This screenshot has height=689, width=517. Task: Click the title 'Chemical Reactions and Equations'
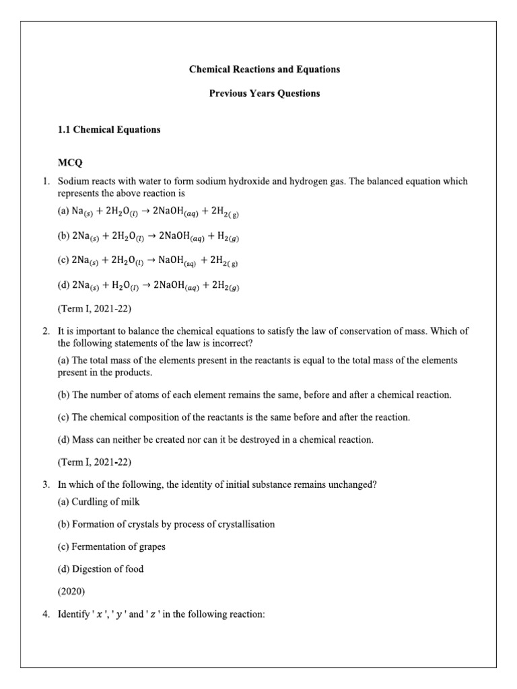coord(264,69)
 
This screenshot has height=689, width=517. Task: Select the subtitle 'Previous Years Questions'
coord(264,94)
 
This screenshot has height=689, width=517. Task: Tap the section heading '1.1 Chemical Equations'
coord(109,129)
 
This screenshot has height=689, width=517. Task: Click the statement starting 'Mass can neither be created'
coord(215,440)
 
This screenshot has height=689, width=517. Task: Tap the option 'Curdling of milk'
coord(99,502)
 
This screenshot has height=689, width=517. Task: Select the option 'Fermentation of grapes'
coord(112,546)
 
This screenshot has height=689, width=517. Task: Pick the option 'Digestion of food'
coord(101,569)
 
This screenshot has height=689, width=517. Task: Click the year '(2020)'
coord(72,592)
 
